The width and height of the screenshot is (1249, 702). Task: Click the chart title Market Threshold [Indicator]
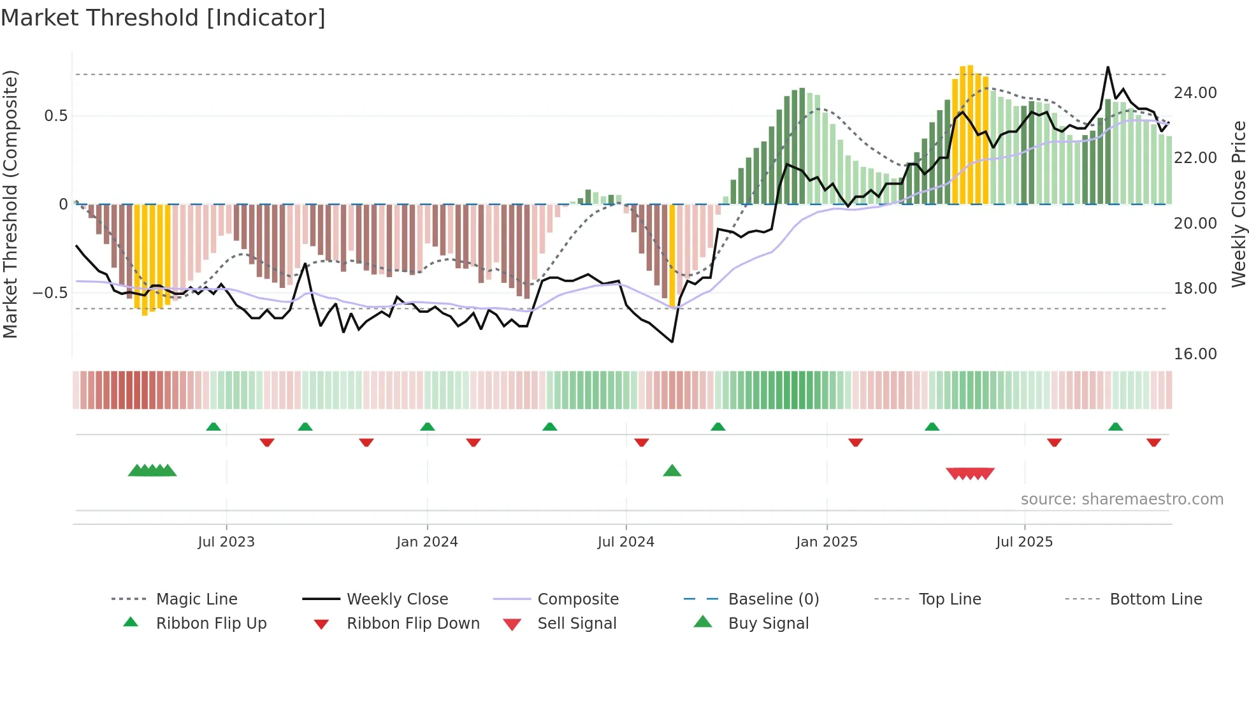click(163, 18)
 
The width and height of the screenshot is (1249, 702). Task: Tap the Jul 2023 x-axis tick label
click(226, 542)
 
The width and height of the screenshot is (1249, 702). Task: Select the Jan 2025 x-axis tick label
click(827, 542)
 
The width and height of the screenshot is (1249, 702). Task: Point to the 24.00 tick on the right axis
click(1195, 93)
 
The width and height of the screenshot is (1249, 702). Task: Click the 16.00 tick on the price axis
click(1195, 354)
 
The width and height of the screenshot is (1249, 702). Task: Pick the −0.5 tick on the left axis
click(50, 293)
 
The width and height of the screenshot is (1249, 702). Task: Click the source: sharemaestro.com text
click(1122, 499)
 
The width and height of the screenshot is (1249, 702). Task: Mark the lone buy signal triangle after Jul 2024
click(672, 471)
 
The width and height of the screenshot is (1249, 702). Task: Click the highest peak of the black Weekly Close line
click(1108, 67)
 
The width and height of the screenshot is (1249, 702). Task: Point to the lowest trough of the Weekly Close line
click(672, 342)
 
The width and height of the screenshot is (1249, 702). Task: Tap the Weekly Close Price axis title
click(1238, 204)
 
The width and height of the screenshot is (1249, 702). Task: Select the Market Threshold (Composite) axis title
click(10, 204)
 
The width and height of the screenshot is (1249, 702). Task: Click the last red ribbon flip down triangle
click(1153, 442)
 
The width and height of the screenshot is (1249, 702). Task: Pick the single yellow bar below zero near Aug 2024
click(672, 255)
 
